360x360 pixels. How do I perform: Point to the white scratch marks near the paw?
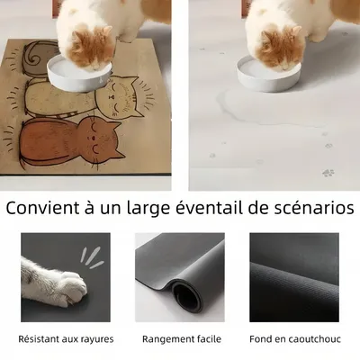tap(90, 256)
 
